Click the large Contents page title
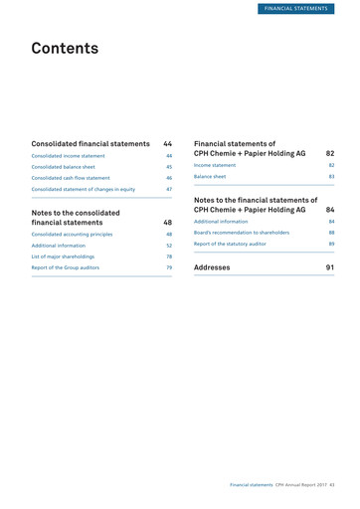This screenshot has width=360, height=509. [x=65, y=48]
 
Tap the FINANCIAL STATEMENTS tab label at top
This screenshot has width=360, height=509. [x=306, y=9]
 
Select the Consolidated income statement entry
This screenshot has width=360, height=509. [x=68, y=156]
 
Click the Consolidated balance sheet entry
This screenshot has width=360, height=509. [x=65, y=167]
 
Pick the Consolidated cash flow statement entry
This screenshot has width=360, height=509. [x=73, y=178]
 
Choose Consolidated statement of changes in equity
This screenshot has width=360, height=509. [x=83, y=189]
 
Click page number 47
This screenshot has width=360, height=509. [x=169, y=189]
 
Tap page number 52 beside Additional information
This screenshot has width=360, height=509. [x=169, y=245]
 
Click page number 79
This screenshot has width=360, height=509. [x=169, y=267]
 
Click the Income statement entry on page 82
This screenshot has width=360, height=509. [x=215, y=165]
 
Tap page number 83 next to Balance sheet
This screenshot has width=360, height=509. [x=331, y=176]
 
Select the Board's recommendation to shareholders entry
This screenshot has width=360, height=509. [x=242, y=232]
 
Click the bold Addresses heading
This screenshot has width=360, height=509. [x=212, y=267]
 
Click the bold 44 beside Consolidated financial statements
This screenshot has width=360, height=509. [x=168, y=144]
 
